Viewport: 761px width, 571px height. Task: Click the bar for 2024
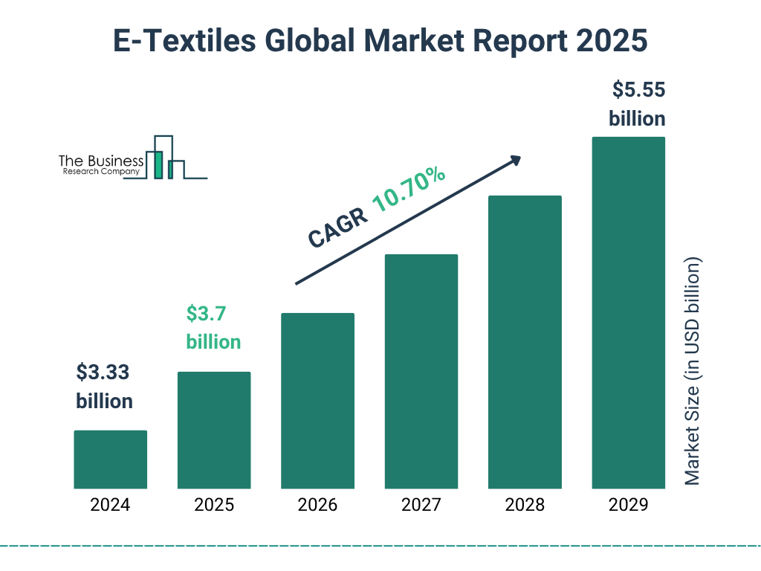(110, 459)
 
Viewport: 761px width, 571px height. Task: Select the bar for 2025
(214, 430)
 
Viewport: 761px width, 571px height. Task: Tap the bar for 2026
(317, 401)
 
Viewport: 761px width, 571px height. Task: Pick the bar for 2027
(421, 372)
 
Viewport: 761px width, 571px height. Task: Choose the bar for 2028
(525, 342)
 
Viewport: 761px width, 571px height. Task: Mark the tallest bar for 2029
(628, 313)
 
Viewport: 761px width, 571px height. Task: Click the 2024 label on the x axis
(110, 506)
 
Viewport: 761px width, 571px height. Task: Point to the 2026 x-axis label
(317, 506)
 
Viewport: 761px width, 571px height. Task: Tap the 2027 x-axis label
(421, 506)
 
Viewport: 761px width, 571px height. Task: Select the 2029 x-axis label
(628, 506)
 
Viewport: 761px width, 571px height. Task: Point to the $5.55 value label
(638, 90)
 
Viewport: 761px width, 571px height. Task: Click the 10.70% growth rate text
(408, 191)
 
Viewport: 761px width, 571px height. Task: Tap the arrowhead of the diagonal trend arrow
(515, 159)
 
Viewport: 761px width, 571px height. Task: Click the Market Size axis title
(693, 372)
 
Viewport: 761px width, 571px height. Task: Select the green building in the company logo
(158, 164)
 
